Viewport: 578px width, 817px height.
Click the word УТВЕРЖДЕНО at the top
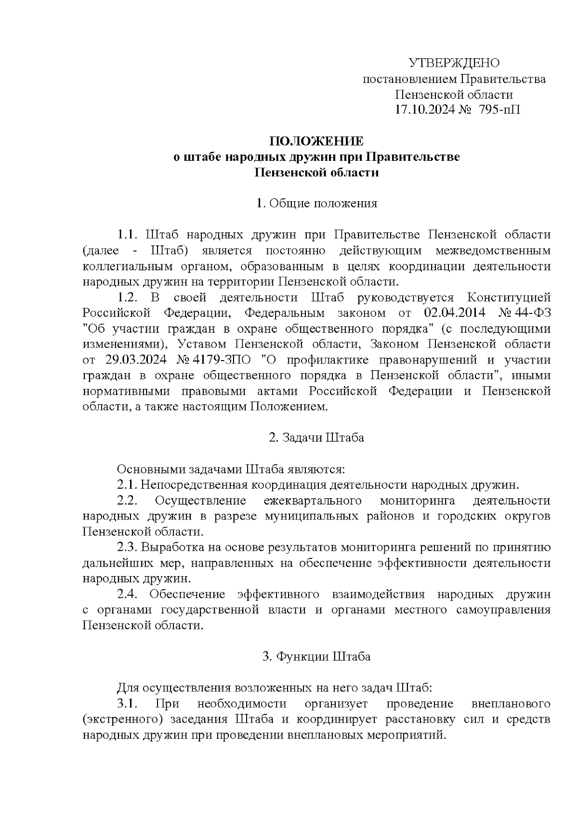pyautogui.click(x=454, y=63)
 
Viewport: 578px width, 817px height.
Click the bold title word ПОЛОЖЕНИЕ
pyautogui.click(x=316, y=142)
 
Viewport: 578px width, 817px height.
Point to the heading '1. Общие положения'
pyautogui.click(x=316, y=203)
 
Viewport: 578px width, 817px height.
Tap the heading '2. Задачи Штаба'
pyautogui.click(x=316, y=438)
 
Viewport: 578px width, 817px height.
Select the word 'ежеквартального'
pyautogui.click(x=313, y=501)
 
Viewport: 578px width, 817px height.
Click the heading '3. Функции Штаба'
pyautogui.click(x=316, y=657)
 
